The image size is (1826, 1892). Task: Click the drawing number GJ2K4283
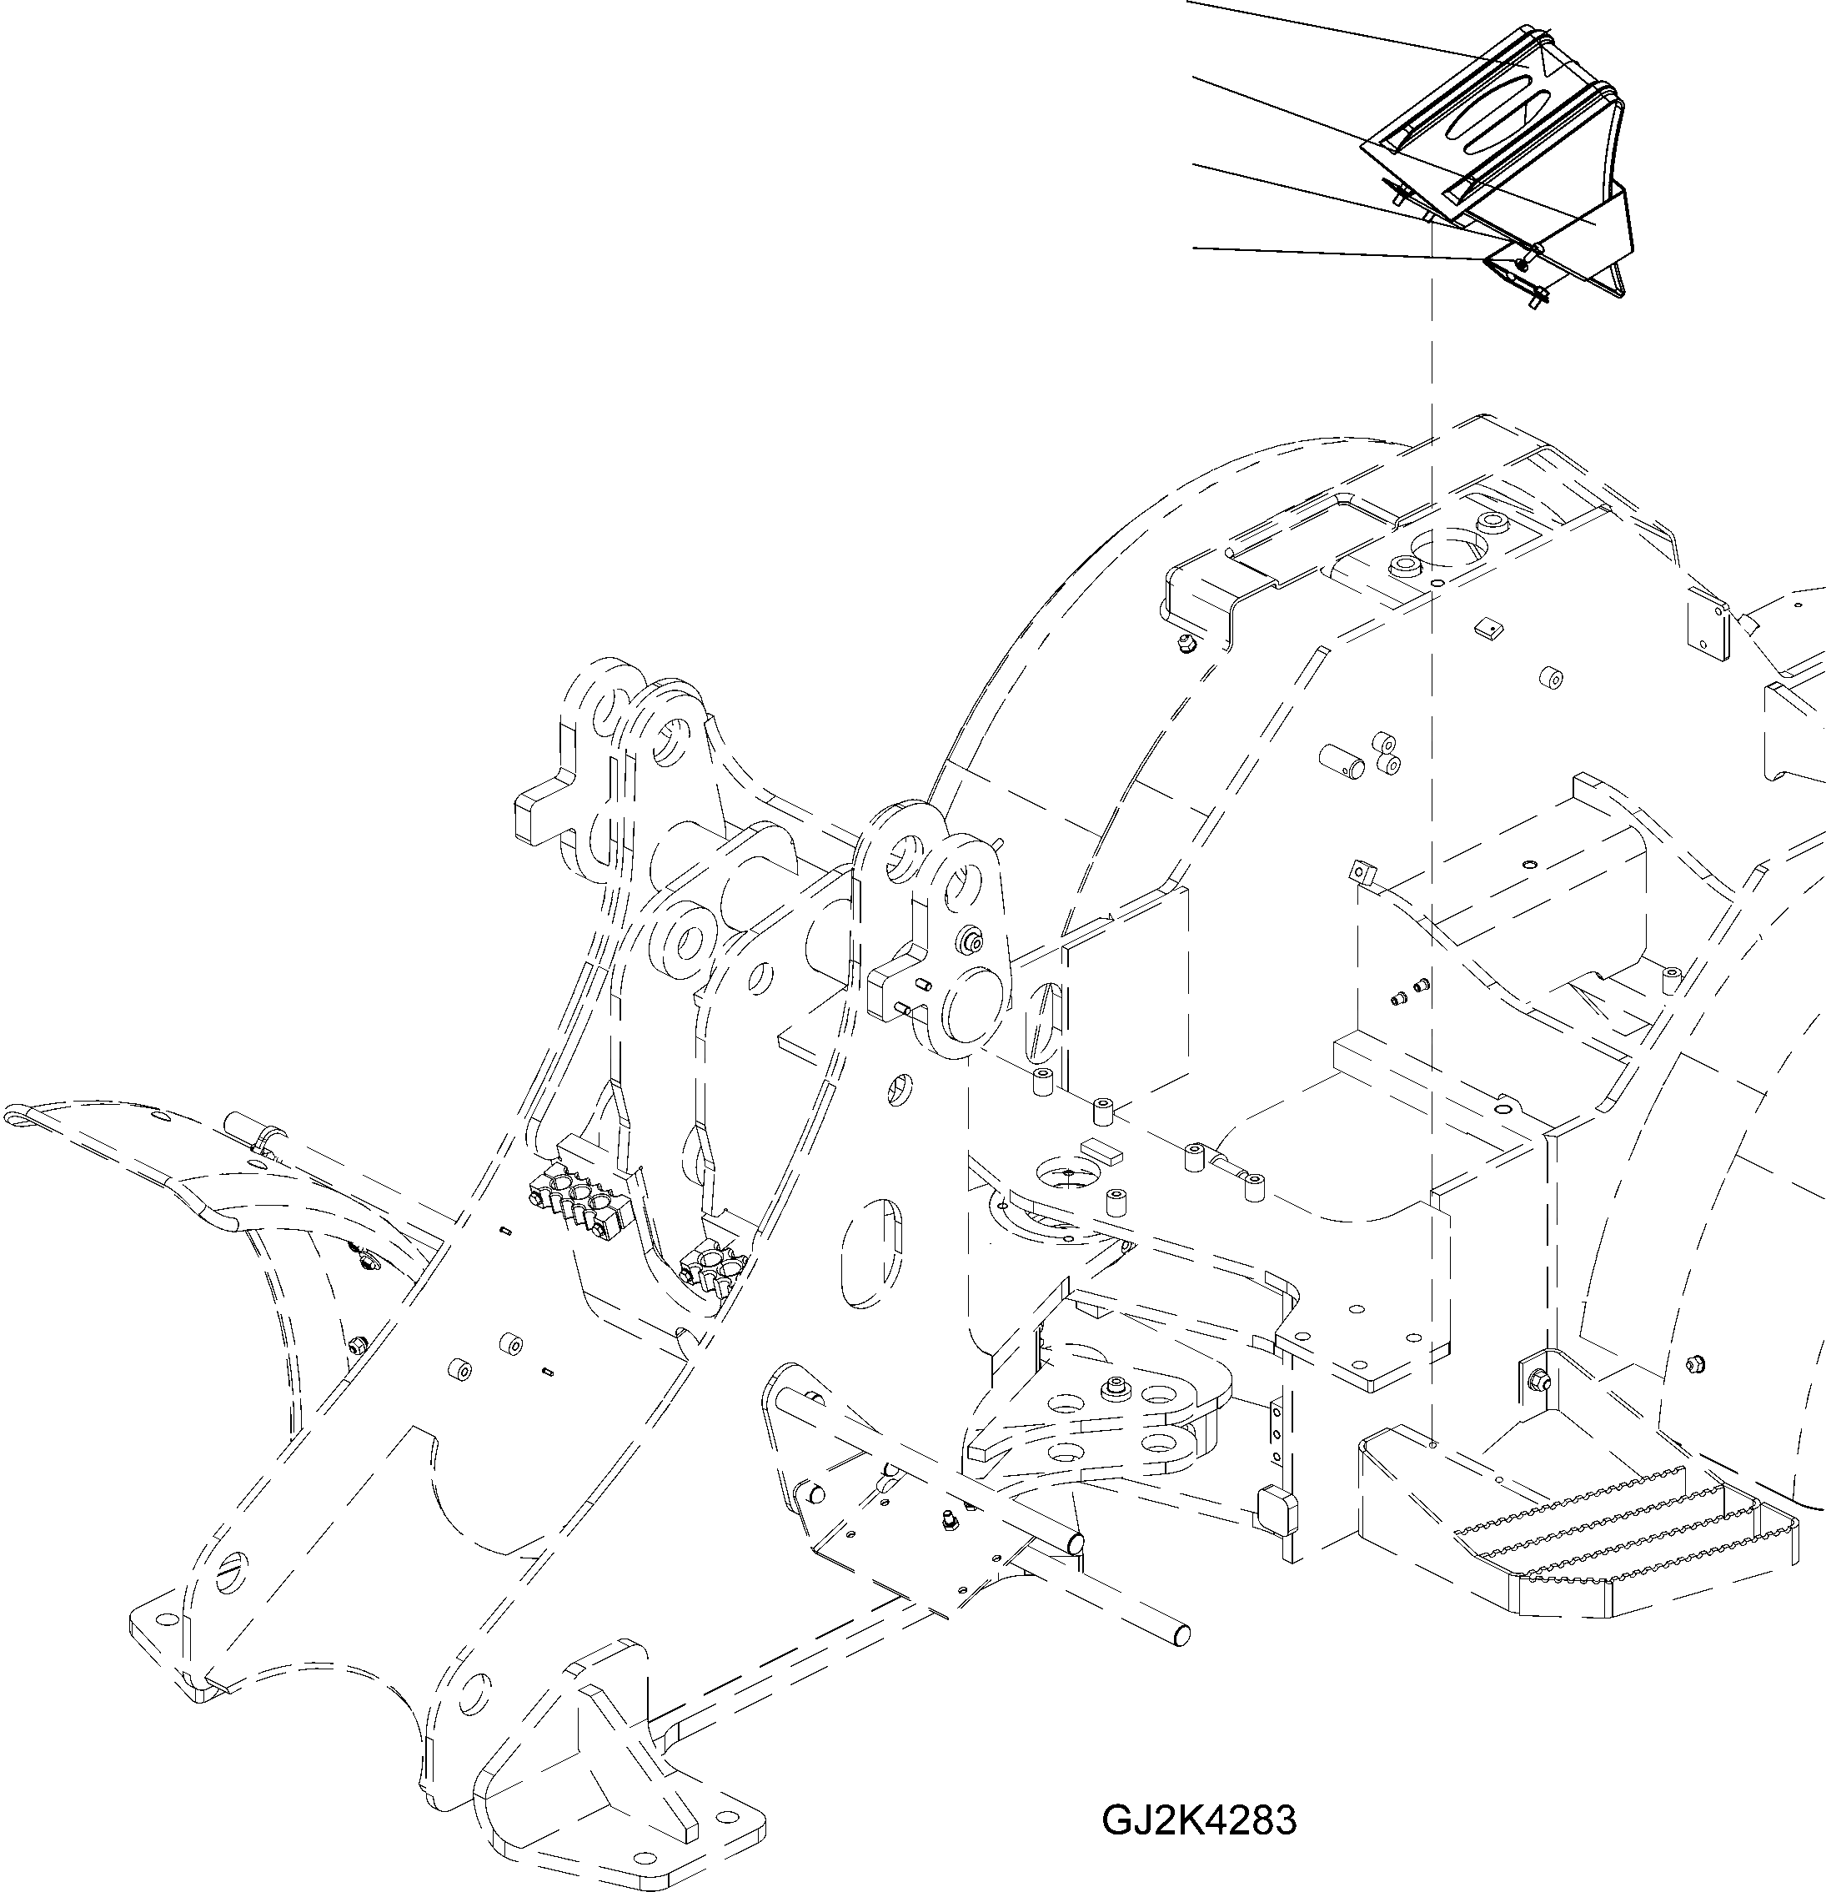click(1199, 1821)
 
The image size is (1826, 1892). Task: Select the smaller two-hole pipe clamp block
click(712, 1267)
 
